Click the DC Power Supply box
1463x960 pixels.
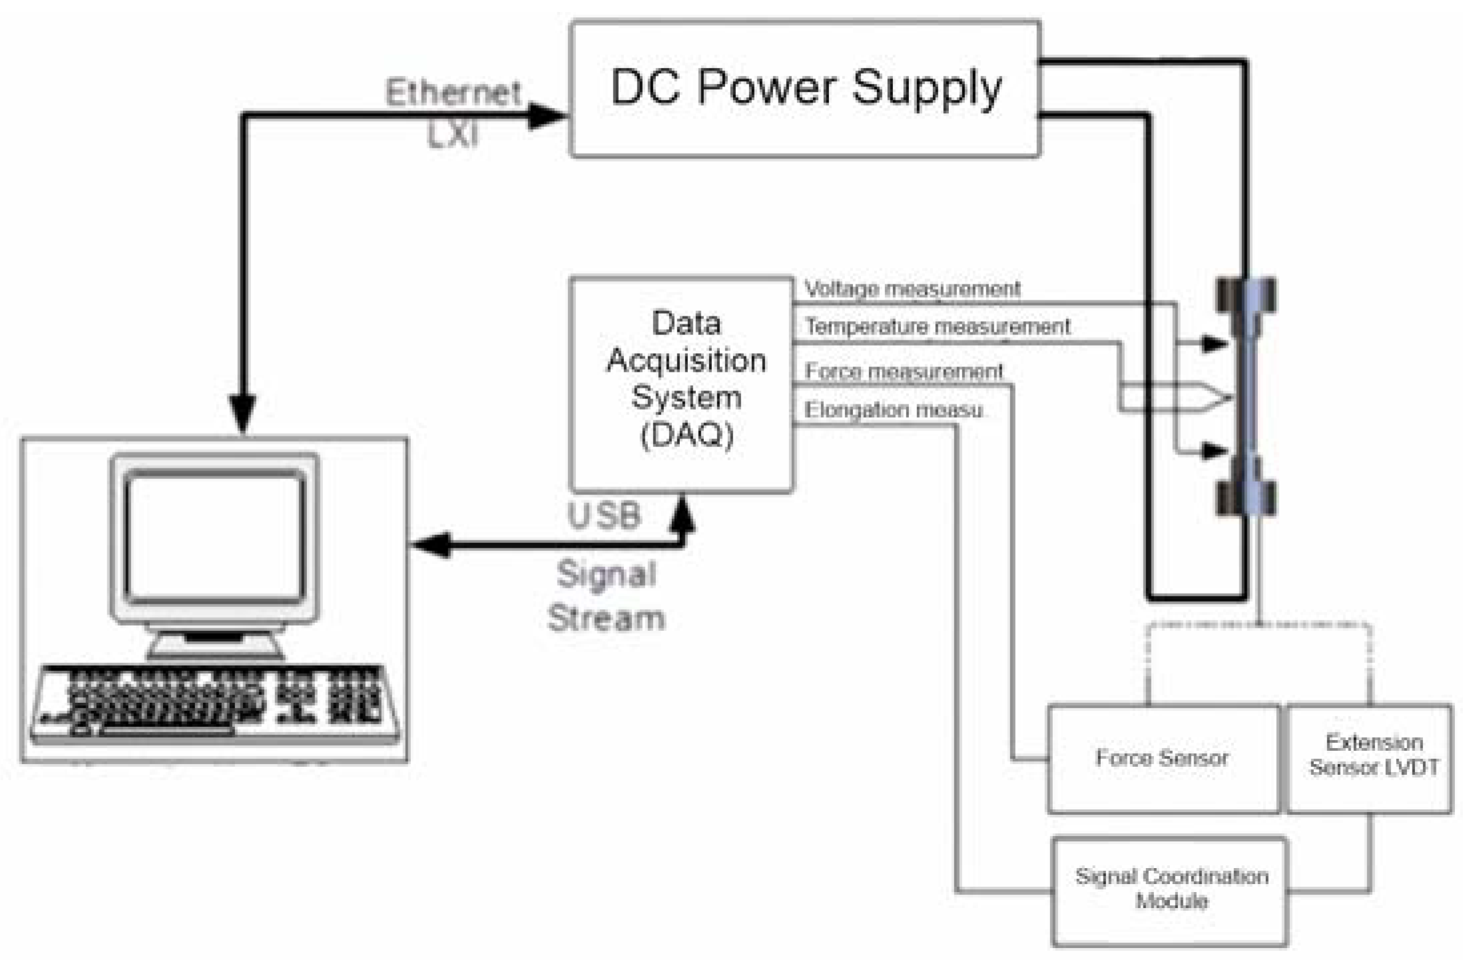coord(804,89)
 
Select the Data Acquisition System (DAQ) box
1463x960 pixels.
coord(682,384)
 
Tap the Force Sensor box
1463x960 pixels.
coord(1162,759)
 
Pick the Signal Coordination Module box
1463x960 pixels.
coord(1170,889)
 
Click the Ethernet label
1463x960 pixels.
coord(453,93)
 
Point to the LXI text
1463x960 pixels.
coord(453,135)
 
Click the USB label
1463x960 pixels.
coord(604,516)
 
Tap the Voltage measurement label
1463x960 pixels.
coord(912,289)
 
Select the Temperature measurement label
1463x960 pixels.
coord(938,326)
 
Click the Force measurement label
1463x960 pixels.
coord(904,371)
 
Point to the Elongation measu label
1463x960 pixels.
coord(893,410)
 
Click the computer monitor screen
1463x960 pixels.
coord(214,537)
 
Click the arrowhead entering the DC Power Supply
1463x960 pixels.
coord(547,116)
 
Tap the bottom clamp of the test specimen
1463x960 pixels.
coord(1247,496)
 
